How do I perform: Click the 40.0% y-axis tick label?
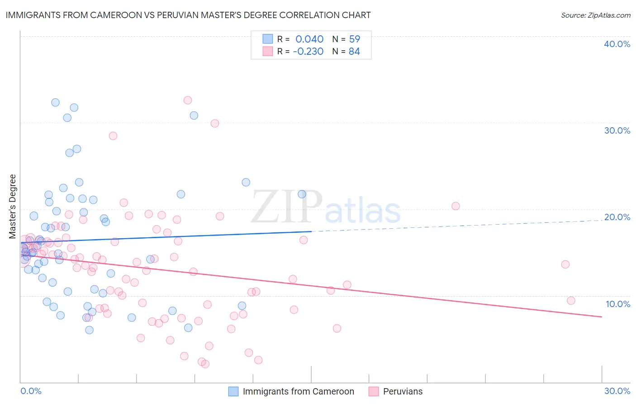click(x=617, y=44)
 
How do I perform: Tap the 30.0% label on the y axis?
click(x=617, y=130)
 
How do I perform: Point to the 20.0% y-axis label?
click(x=617, y=217)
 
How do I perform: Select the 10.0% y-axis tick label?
click(x=617, y=304)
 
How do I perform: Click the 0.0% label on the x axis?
click(x=31, y=391)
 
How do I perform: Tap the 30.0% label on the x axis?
click(x=617, y=391)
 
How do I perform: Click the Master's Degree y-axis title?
click(x=13, y=207)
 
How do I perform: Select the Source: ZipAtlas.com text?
click(x=595, y=15)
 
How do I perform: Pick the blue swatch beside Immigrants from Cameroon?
click(x=233, y=391)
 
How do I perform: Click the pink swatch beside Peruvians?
click(x=374, y=391)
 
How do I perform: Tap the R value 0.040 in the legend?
click(x=309, y=39)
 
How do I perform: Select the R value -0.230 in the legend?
click(x=308, y=52)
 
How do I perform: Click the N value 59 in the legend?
click(x=354, y=39)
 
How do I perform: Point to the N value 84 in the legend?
click(x=354, y=52)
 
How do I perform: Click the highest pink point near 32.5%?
click(x=188, y=100)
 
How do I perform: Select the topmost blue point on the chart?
click(x=55, y=102)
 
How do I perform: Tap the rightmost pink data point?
click(x=571, y=301)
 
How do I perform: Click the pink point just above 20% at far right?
click(x=456, y=206)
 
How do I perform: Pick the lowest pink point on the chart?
click(x=205, y=364)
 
